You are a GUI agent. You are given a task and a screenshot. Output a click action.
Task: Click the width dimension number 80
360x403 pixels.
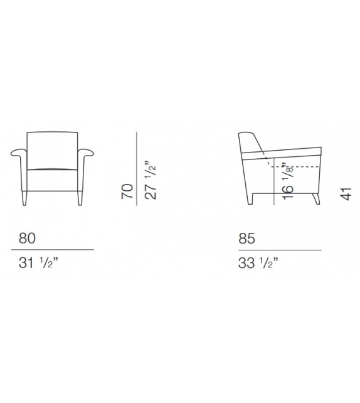(27, 239)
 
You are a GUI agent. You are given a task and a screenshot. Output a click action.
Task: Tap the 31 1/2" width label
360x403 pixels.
(38, 262)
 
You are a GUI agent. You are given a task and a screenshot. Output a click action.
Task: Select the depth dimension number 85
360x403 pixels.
(246, 239)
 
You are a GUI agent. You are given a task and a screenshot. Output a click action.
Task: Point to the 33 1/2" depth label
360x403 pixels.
(258, 262)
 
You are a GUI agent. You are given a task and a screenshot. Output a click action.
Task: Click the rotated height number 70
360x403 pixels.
(127, 191)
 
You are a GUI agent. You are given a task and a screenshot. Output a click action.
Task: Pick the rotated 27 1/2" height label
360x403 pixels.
(151, 180)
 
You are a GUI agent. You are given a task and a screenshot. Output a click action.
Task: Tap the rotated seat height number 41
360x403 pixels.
(346, 194)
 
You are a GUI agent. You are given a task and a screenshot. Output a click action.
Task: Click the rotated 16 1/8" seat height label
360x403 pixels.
(288, 181)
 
